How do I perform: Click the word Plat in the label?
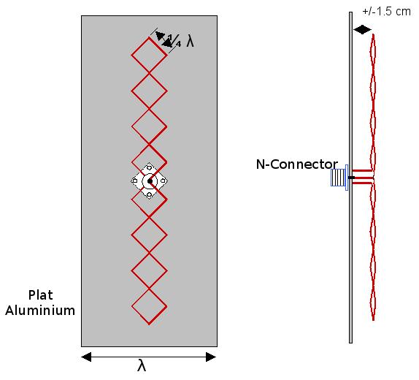click(41, 295)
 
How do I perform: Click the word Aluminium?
click(40, 311)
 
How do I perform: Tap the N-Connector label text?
click(297, 164)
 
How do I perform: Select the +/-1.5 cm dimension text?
click(386, 12)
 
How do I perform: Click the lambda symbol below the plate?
click(142, 365)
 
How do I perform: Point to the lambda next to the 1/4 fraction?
click(190, 42)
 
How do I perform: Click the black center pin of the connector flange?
click(150, 181)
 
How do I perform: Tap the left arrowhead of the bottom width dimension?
click(86, 357)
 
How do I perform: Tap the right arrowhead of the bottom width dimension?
click(211, 357)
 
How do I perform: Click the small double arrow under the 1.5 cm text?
click(362, 29)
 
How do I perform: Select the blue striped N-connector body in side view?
click(339, 178)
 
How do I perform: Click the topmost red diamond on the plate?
click(149, 55)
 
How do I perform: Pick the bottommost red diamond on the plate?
click(149, 307)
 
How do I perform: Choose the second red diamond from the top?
click(149, 91)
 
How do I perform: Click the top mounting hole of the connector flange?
click(150, 168)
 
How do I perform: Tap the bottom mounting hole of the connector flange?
click(150, 194)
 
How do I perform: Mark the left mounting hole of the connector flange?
click(135, 181)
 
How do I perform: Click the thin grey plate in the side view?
click(350, 178)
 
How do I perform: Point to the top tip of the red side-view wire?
click(373, 34)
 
